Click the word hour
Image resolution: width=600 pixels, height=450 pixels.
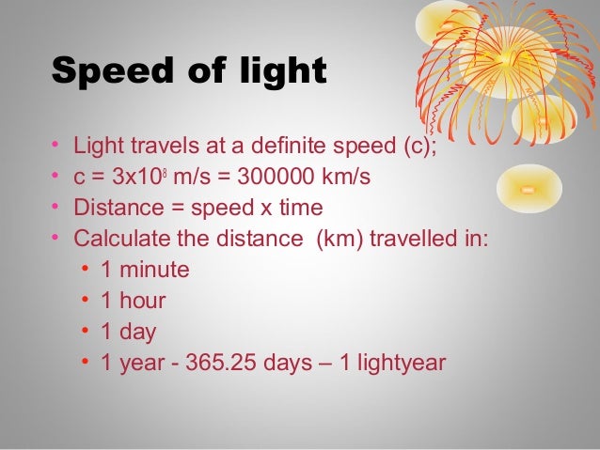[144, 301]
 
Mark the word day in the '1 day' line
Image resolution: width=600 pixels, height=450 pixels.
[137, 332]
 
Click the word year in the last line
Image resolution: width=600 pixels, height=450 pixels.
[140, 363]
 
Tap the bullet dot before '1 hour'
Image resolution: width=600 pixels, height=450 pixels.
[85, 301]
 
